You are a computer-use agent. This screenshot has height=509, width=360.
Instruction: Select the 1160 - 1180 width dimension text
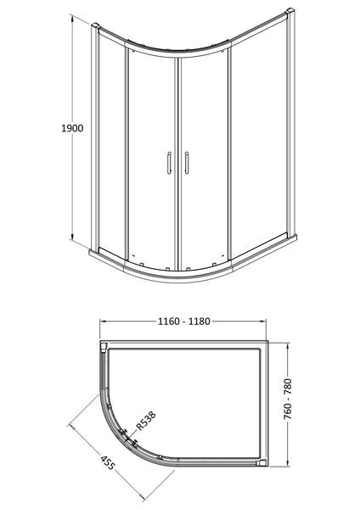point(183,322)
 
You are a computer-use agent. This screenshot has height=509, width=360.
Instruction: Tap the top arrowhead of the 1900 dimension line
point(74,25)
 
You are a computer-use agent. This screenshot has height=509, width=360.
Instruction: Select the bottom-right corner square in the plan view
point(262,464)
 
